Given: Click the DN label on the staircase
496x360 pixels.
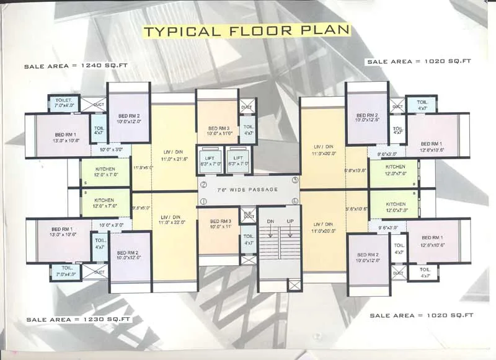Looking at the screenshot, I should (x=270, y=221).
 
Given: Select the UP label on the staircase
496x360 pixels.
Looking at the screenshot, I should (x=289, y=221).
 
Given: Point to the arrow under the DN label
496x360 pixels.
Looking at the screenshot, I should (x=270, y=231).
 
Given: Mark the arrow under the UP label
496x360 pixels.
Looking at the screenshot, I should (x=289, y=231).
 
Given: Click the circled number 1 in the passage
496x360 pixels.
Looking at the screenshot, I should (x=203, y=201).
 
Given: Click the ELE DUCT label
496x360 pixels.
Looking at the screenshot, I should (x=247, y=215).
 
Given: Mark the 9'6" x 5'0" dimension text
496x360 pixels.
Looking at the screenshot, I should (x=142, y=208).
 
